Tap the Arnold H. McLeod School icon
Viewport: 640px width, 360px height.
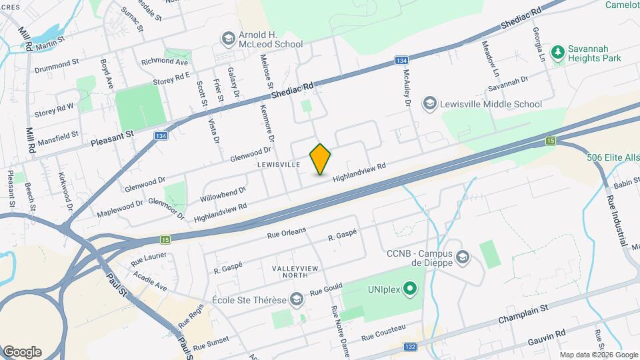point(229,38)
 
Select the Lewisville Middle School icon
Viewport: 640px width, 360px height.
point(430,104)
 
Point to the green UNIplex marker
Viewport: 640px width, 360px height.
point(411,289)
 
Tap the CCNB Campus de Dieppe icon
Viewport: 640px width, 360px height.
point(464,257)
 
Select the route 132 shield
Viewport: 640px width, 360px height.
point(411,347)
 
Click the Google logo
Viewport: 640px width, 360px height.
point(22,351)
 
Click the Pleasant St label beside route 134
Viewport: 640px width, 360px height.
point(112,137)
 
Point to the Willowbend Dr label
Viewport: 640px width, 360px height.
point(223,195)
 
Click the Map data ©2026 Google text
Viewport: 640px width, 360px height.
point(598,355)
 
